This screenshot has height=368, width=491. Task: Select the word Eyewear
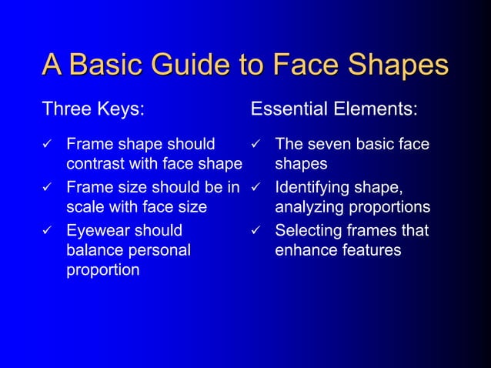(97, 230)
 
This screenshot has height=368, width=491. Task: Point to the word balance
(95, 250)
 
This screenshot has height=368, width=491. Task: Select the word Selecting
(307, 230)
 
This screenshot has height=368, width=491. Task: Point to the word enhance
(304, 250)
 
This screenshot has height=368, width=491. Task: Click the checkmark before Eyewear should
(47, 230)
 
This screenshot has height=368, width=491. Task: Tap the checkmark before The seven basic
(256, 144)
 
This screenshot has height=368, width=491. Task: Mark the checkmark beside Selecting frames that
(256, 230)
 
